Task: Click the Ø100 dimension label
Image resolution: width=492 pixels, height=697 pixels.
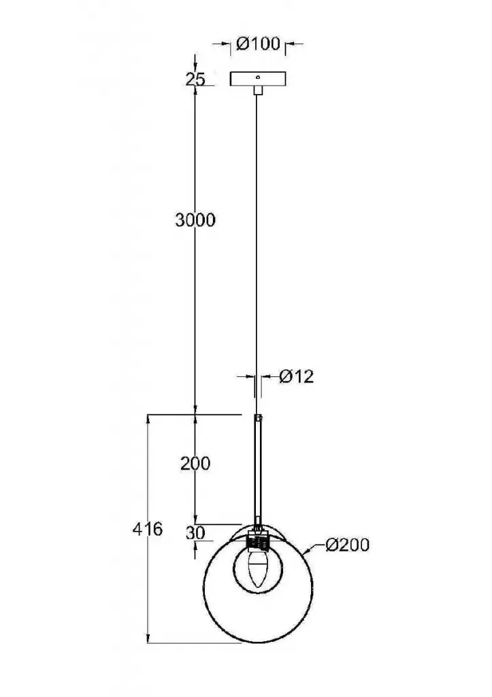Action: click(x=258, y=44)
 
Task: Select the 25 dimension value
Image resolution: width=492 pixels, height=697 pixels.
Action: click(x=195, y=79)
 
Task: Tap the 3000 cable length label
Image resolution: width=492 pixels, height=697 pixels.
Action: click(x=195, y=220)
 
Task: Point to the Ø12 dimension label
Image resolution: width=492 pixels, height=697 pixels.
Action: click(x=297, y=376)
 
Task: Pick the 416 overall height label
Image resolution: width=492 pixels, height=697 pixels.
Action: click(x=148, y=529)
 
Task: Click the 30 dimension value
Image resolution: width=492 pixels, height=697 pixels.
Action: click(x=195, y=532)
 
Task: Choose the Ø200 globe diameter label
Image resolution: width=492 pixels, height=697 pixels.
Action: click(x=347, y=545)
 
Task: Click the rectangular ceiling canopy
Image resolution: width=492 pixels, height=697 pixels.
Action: click(x=258, y=79)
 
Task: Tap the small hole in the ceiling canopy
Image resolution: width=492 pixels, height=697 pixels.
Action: click(x=258, y=76)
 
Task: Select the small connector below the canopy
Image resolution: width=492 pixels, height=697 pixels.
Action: click(x=258, y=90)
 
